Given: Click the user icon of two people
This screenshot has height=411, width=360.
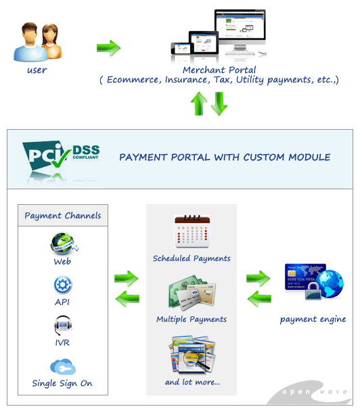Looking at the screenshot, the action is (37, 42).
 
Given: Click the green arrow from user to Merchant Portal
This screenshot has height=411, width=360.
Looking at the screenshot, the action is (109, 48).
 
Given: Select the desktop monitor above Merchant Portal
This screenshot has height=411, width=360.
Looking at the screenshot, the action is (240, 32).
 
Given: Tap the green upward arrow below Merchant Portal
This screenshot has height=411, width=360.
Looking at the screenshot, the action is (199, 103).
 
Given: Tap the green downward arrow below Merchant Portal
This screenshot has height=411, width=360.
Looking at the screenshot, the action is (219, 103).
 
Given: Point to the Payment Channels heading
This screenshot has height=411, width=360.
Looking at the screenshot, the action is (63, 216).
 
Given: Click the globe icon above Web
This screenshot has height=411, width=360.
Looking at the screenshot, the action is (64, 243).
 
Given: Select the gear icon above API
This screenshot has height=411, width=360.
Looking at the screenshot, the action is (63, 285).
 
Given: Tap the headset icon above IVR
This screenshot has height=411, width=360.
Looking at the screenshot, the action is (63, 325).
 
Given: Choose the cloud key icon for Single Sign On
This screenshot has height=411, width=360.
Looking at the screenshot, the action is (63, 366).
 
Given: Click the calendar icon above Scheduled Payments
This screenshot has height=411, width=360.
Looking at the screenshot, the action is (192, 231).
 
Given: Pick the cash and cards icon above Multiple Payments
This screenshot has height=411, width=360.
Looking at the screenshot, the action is (192, 291).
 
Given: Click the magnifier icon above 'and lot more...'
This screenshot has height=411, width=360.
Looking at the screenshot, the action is (192, 355).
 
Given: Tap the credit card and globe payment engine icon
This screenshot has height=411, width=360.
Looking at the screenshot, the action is (314, 282).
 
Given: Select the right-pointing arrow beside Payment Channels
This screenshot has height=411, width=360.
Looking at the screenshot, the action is (127, 279).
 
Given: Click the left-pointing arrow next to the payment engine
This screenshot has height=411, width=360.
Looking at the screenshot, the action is (259, 299).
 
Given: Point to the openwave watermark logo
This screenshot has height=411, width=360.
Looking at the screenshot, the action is (310, 392).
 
